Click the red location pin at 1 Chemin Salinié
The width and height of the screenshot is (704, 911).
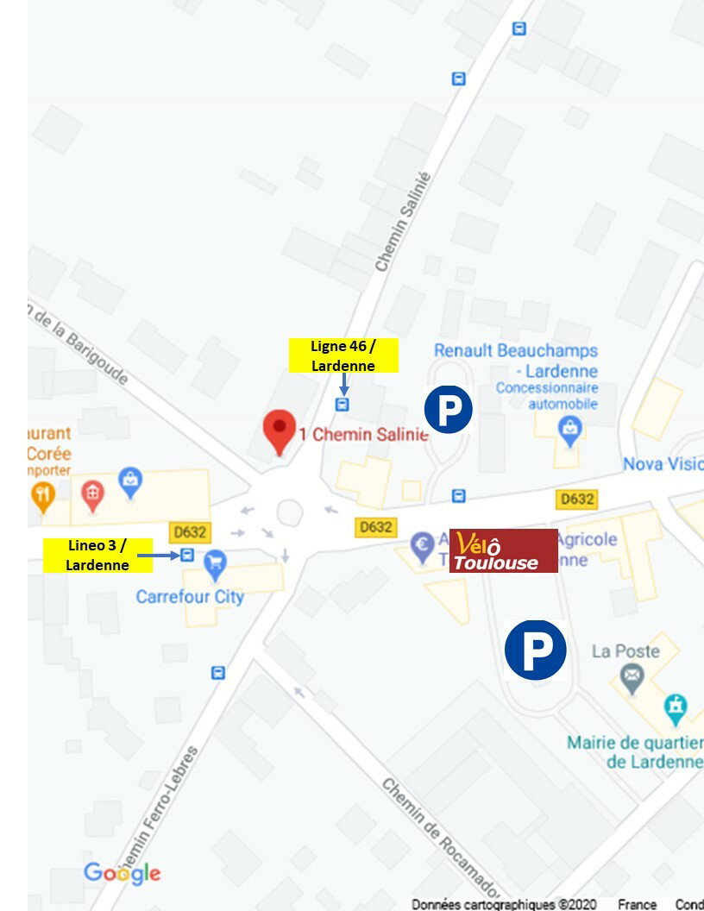(279, 430)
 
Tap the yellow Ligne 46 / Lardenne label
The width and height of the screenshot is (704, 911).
(343, 355)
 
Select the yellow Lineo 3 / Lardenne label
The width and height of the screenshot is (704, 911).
(97, 555)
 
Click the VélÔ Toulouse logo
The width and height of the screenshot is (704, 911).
(504, 551)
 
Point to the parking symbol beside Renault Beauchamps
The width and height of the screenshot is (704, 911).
(449, 410)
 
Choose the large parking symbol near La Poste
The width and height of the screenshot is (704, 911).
(535, 650)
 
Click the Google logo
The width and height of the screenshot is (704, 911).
(122, 872)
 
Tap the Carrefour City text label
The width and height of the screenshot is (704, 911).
(190, 596)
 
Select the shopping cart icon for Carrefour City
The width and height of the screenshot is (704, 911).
(215, 565)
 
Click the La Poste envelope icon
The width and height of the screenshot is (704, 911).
(632, 677)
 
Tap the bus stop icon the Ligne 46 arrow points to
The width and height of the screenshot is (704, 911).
(343, 404)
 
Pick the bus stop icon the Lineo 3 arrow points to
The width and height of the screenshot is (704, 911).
(187, 555)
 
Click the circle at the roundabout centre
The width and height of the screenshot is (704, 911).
(290, 512)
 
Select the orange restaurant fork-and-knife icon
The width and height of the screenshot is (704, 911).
(42, 494)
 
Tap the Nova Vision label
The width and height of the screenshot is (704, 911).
(663, 464)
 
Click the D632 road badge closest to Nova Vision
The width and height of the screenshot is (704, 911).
(577, 499)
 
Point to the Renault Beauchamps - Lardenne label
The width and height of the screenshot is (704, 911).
(516, 361)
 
